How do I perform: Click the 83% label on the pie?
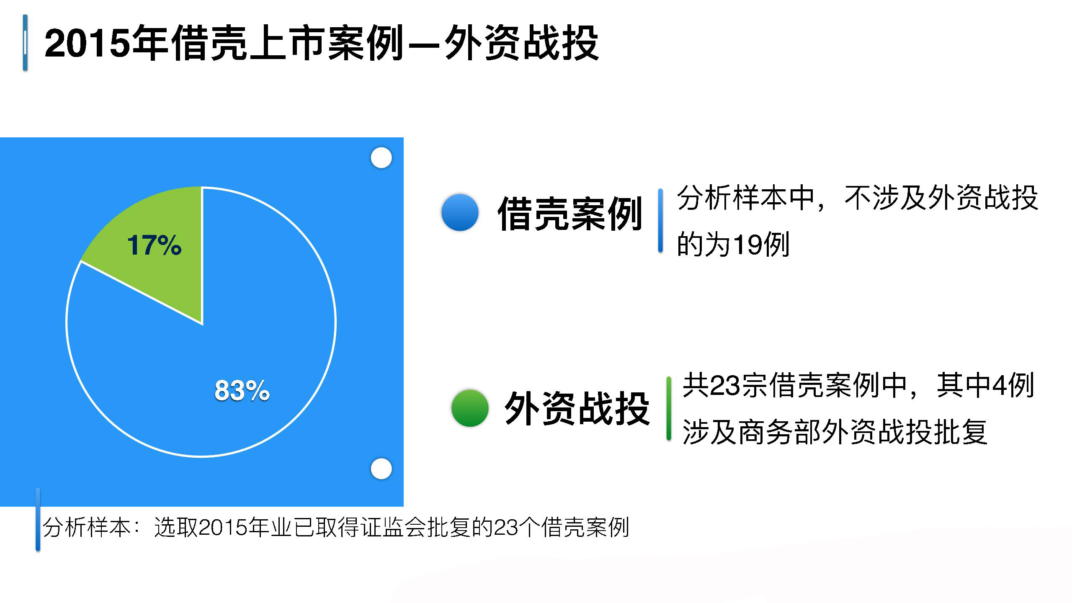[242, 390]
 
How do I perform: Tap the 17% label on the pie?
[154, 245]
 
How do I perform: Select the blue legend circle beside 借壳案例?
[460, 212]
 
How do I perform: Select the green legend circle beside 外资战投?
[470, 408]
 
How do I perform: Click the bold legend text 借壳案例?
[570, 214]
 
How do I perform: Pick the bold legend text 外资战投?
[577, 409]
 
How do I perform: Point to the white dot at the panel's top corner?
[381, 158]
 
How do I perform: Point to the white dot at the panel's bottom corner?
[381, 469]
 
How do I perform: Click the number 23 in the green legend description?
[725, 385]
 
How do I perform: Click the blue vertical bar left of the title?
[25, 43]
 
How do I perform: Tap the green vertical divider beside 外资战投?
[669, 409]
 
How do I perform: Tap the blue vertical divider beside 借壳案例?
[660, 221]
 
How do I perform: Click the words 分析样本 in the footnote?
[87, 527]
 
